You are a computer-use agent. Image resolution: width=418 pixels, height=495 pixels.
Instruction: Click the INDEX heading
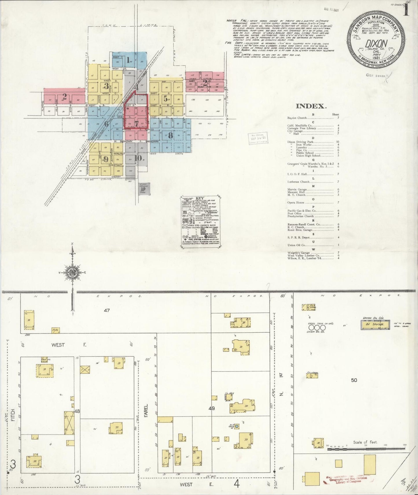tap(311, 106)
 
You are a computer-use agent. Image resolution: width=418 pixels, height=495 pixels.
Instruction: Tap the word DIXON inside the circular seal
tap(376, 43)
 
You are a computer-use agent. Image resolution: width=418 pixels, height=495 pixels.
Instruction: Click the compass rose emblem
tap(72, 272)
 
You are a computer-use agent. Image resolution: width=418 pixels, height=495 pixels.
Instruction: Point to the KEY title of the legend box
tap(200, 198)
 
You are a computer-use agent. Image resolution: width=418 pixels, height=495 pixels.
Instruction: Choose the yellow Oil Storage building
tap(375, 324)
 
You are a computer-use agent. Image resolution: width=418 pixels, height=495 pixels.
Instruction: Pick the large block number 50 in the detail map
tap(354, 380)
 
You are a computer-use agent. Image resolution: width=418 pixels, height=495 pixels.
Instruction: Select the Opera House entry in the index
tap(296, 203)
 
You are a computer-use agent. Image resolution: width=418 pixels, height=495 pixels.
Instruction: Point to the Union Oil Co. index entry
tap(297, 245)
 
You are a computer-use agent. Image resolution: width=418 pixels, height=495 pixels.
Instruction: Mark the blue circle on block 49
tap(237, 426)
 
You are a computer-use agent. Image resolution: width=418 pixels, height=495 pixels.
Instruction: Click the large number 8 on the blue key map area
tap(170, 135)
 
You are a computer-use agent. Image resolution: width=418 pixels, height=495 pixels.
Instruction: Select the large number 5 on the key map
tap(165, 99)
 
